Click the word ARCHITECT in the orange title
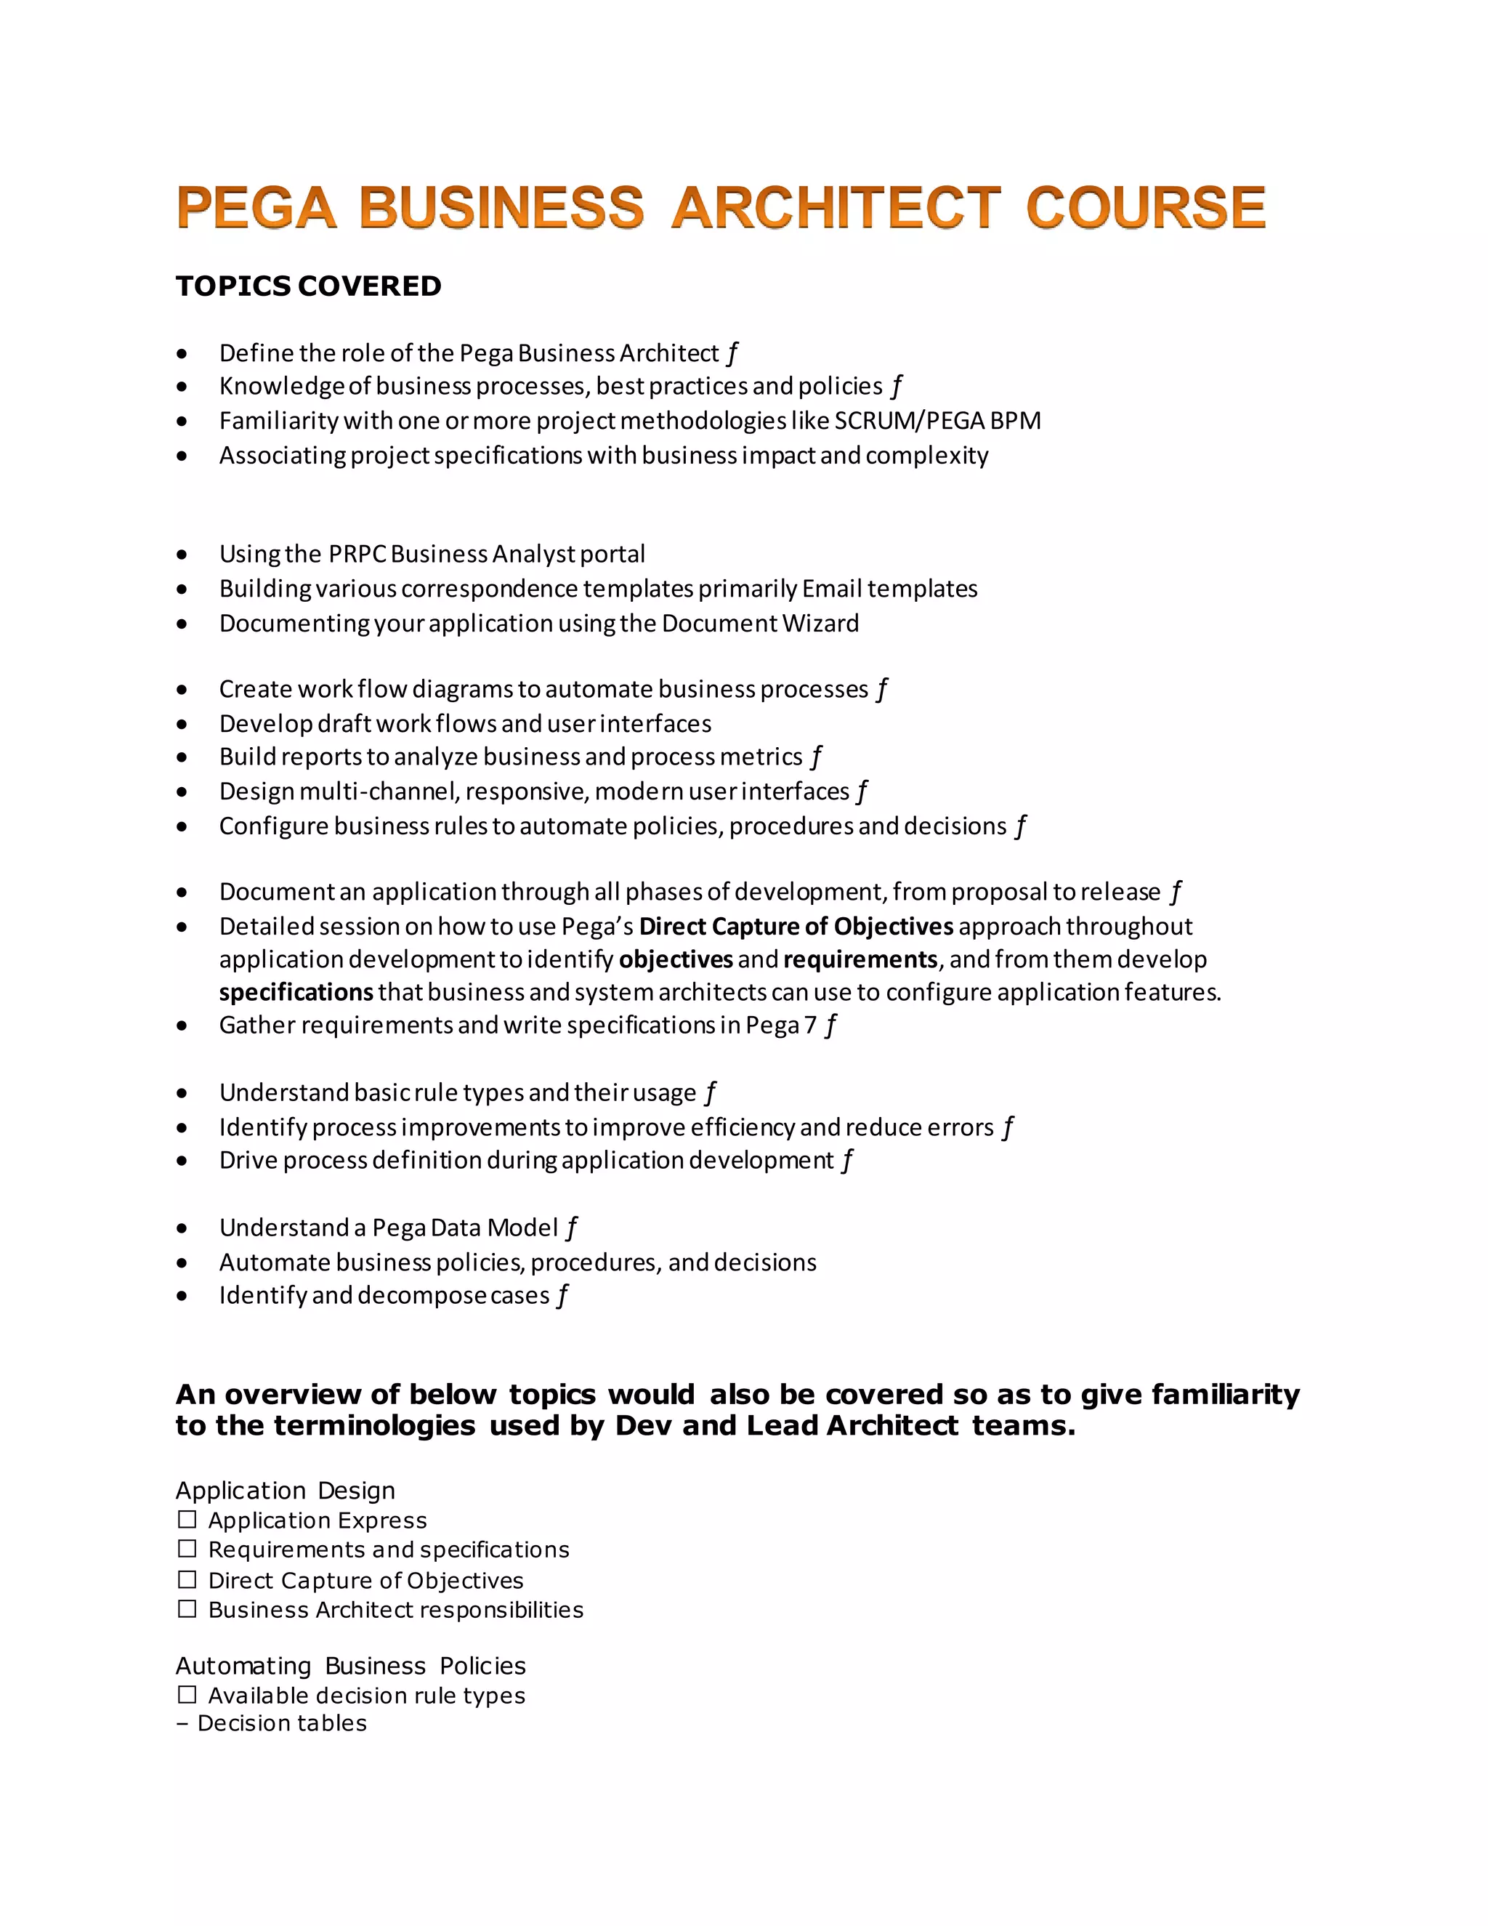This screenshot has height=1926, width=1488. point(836,208)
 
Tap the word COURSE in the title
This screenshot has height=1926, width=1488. point(1145,208)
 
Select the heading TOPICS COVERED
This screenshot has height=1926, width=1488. point(309,286)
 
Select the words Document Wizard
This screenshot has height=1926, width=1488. point(760,623)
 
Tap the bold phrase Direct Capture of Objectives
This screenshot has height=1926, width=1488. point(796,926)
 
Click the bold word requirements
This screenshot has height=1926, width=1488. point(860,959)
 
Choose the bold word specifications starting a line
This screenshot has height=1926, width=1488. point(296,992)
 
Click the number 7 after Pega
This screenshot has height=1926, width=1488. point(810,1025)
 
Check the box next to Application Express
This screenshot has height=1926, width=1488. point(187,1520)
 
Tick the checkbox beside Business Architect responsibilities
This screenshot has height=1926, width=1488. point(187,1608)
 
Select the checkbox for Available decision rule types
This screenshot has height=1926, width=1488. point(187,1695)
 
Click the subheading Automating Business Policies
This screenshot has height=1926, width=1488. point(350,1666)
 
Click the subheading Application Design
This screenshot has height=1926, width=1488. point(285,1491)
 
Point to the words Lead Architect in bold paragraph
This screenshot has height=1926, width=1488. point(852,1426)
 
